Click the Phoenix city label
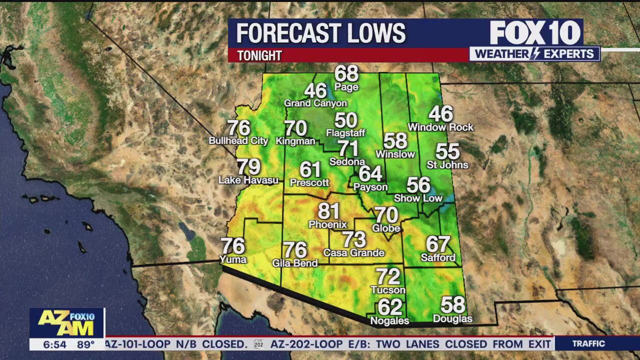tap(327, 224)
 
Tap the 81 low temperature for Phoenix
tap(328, 211)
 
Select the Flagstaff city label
tap(345, 133)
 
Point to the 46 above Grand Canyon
tap(315, 91)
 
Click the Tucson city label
tap(388, 290)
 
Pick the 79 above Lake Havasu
tap(248, 167)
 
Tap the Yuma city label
tap(233, 259)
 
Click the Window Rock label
tap(440, 127)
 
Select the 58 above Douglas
tap(452, 305)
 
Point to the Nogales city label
tap(389, 320)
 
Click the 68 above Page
tap(346, 74)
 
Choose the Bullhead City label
tap(238, 141)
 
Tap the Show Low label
tap(418, 198)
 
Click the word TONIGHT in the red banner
tap(259, 55)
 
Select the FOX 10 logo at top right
tap(535, 33)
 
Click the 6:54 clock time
tap(54, 344)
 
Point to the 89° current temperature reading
tap(85, 344)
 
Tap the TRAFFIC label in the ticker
tap(588, 344)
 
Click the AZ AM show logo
tap(66, 322)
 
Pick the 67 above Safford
tap(438, 244)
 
